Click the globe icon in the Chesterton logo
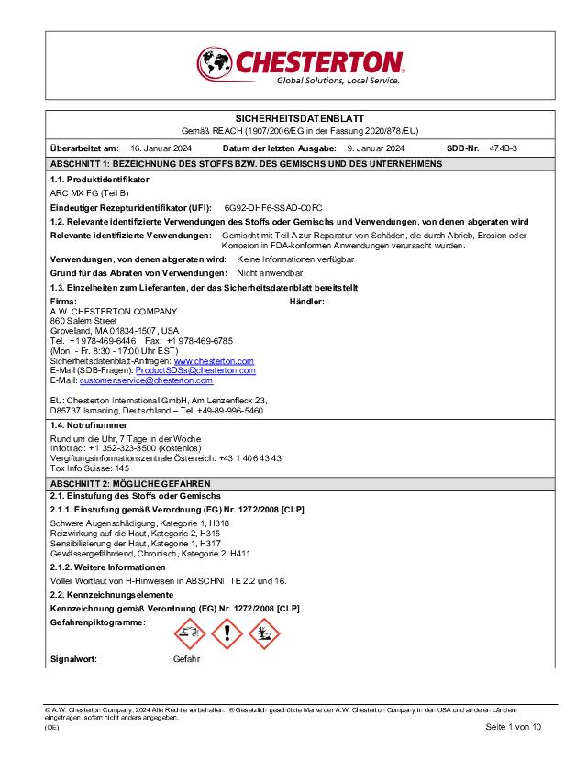tap(216, 63)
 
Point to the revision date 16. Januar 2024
tap(161, 148)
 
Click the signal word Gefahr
tap(186, 659)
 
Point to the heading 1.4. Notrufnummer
tap(88, 425)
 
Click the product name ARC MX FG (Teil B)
tap(89, 193)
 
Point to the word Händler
tap(307, 302)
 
